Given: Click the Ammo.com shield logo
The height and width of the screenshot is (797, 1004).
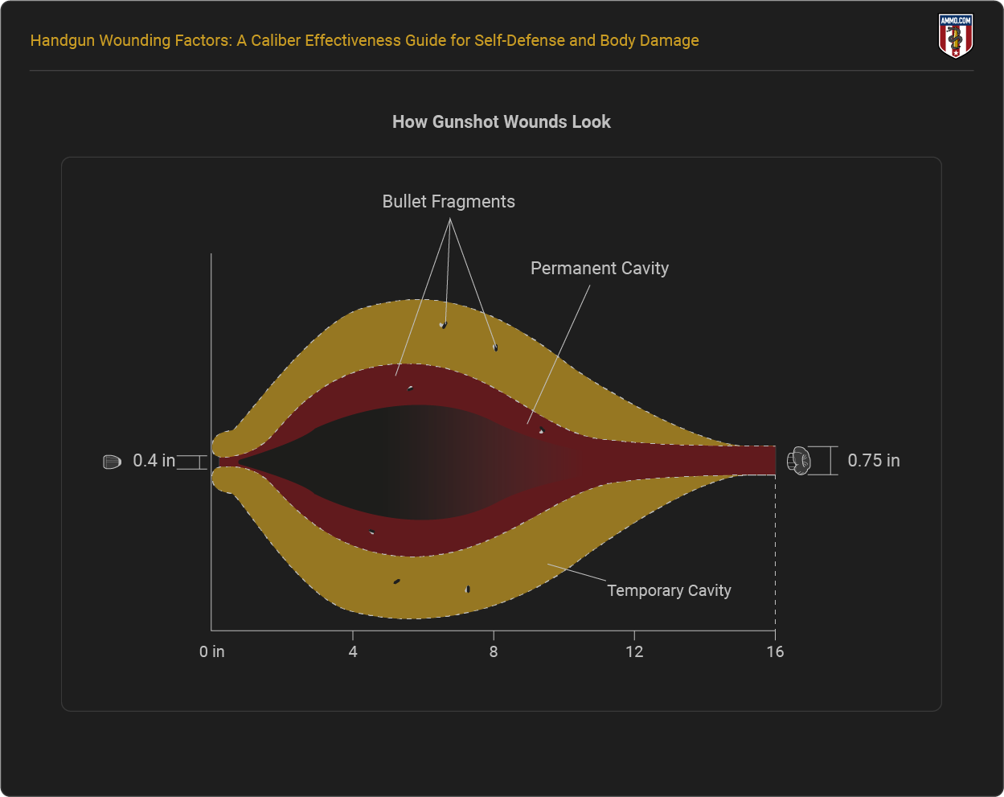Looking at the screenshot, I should tap(955, 36).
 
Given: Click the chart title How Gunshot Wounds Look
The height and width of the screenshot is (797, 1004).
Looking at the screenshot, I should tap(502, 122).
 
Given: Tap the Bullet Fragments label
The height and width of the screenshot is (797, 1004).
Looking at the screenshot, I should tap(449, 202).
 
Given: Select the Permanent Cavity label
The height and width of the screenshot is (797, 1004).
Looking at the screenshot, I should tap(600, 269).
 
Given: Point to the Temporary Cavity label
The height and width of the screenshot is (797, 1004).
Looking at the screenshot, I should tap(669, 590).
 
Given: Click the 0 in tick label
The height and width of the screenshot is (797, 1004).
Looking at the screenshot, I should tap(212, 651).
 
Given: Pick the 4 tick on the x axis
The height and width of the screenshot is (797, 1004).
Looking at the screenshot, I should tap(353, 651).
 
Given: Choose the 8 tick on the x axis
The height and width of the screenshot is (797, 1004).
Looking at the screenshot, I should tap(494, 651).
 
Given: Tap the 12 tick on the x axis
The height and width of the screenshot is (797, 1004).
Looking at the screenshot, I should tap(634, 651).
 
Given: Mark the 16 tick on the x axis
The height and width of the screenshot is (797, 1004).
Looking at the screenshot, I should tap(775, 651).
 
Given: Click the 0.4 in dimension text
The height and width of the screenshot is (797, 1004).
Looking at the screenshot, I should tap(154, 461).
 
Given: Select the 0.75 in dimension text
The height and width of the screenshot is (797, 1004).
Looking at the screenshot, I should tap(874, 461).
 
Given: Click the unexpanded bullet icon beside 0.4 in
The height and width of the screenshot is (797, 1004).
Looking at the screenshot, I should tap(112, 462).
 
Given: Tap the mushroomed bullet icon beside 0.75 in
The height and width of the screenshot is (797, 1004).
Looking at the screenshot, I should tap(799, 461).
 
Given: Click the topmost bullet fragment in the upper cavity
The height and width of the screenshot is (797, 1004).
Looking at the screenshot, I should tap(443, 325).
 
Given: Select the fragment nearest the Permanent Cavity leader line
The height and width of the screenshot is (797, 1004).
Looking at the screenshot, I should tap(541, 431).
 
